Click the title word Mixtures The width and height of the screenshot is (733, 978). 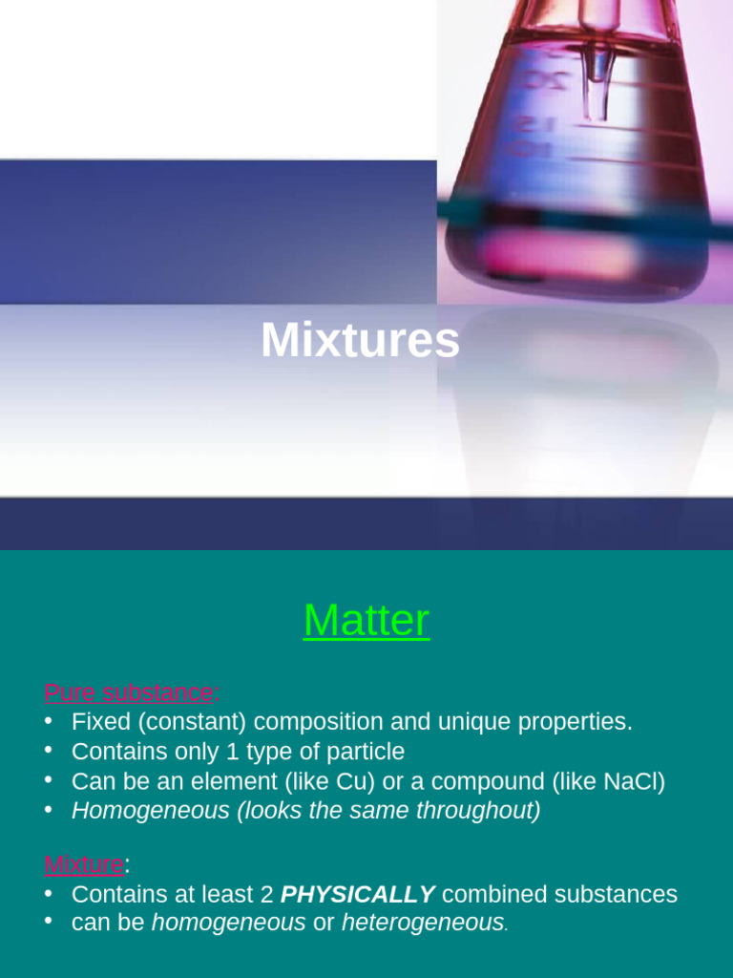pyautogui.click(x=360, y=341)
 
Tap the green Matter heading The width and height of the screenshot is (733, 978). pyautogui.click(x=366, y=621)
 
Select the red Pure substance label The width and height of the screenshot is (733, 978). pyautogui.click(x=129, y=692)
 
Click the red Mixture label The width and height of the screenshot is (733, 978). pyautogui.click(x=84, y=865)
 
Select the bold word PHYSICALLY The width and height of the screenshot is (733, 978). pyautogui.click(x=358, y=895)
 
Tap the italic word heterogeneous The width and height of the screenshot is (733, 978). pyautogui.click(x=422, y=924)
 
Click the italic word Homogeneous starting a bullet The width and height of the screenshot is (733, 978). pyautogui.click(x=151, y=811)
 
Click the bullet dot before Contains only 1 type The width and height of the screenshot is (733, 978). pyautogui.click(x=49, y=751)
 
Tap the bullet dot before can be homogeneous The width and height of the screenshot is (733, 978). pyautogui.click(x=49, y=923)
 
